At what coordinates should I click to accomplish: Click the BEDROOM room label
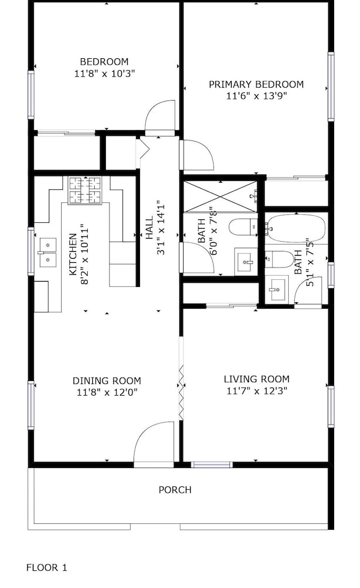[x=104, y=62]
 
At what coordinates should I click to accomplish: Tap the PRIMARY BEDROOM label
[x=256, y=84]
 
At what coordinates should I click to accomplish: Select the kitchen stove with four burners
[x=85, y=191]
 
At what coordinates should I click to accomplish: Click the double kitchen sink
[x=47, y=252]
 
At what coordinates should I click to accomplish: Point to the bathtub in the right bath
[x=296, y=229]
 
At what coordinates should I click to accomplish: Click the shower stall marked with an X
[x=221, y=196]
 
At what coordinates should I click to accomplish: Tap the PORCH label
[x=175, y=490]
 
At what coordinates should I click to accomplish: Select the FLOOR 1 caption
[x=46, y=568]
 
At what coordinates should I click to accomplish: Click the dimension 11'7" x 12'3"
[x=256, y=391]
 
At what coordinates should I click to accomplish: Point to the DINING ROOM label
[x=107, y=381]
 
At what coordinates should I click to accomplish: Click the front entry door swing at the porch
[x=154, y=445]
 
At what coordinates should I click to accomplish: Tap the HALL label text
[x=149, y=228]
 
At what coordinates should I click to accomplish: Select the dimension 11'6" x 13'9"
[x=256, y=96]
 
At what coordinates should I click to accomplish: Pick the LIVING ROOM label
[x=256, y=379]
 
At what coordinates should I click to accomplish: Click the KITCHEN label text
[x=73, y=254]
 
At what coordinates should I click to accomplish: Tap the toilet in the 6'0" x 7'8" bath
[x=243, y=227]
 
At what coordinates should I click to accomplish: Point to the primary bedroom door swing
[x=196, y=155]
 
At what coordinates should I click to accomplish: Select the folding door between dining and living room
[x=182, y=392]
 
